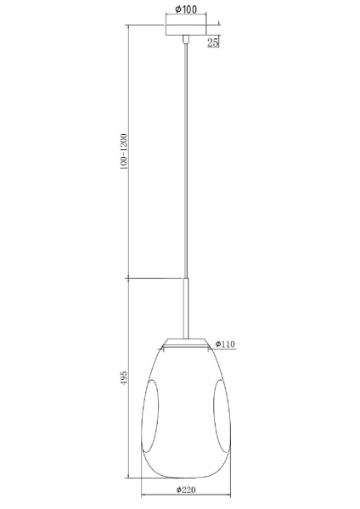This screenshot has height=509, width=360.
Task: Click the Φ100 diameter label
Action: (187, 8)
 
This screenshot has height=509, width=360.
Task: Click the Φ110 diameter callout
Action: (225, 344)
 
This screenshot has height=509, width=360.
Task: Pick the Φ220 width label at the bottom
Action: (187, 490)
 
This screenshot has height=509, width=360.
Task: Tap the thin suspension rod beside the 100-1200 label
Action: (186, 161)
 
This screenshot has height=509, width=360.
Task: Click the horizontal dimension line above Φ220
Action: (187, 497)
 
